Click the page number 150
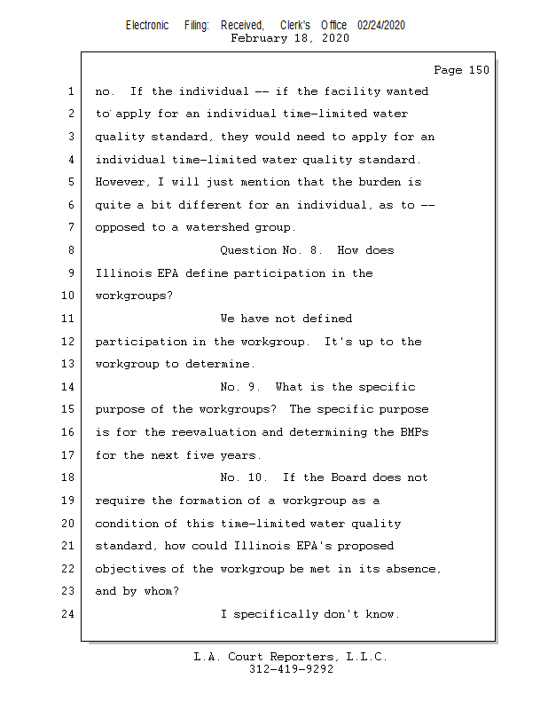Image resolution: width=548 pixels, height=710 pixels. tap(478, 70)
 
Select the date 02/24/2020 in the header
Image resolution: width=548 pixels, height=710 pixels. tap(381, 26)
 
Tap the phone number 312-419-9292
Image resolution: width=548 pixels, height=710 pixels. tap(291, 669)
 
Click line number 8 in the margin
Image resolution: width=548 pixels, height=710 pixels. tap(71, 250)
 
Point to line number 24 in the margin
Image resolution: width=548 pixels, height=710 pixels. tap(67, 614)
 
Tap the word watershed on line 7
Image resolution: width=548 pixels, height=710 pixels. tap(218, 227)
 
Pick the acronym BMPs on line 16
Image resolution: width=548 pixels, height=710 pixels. tap(408, 432)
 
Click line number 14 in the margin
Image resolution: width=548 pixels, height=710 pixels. tap(67, 387)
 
